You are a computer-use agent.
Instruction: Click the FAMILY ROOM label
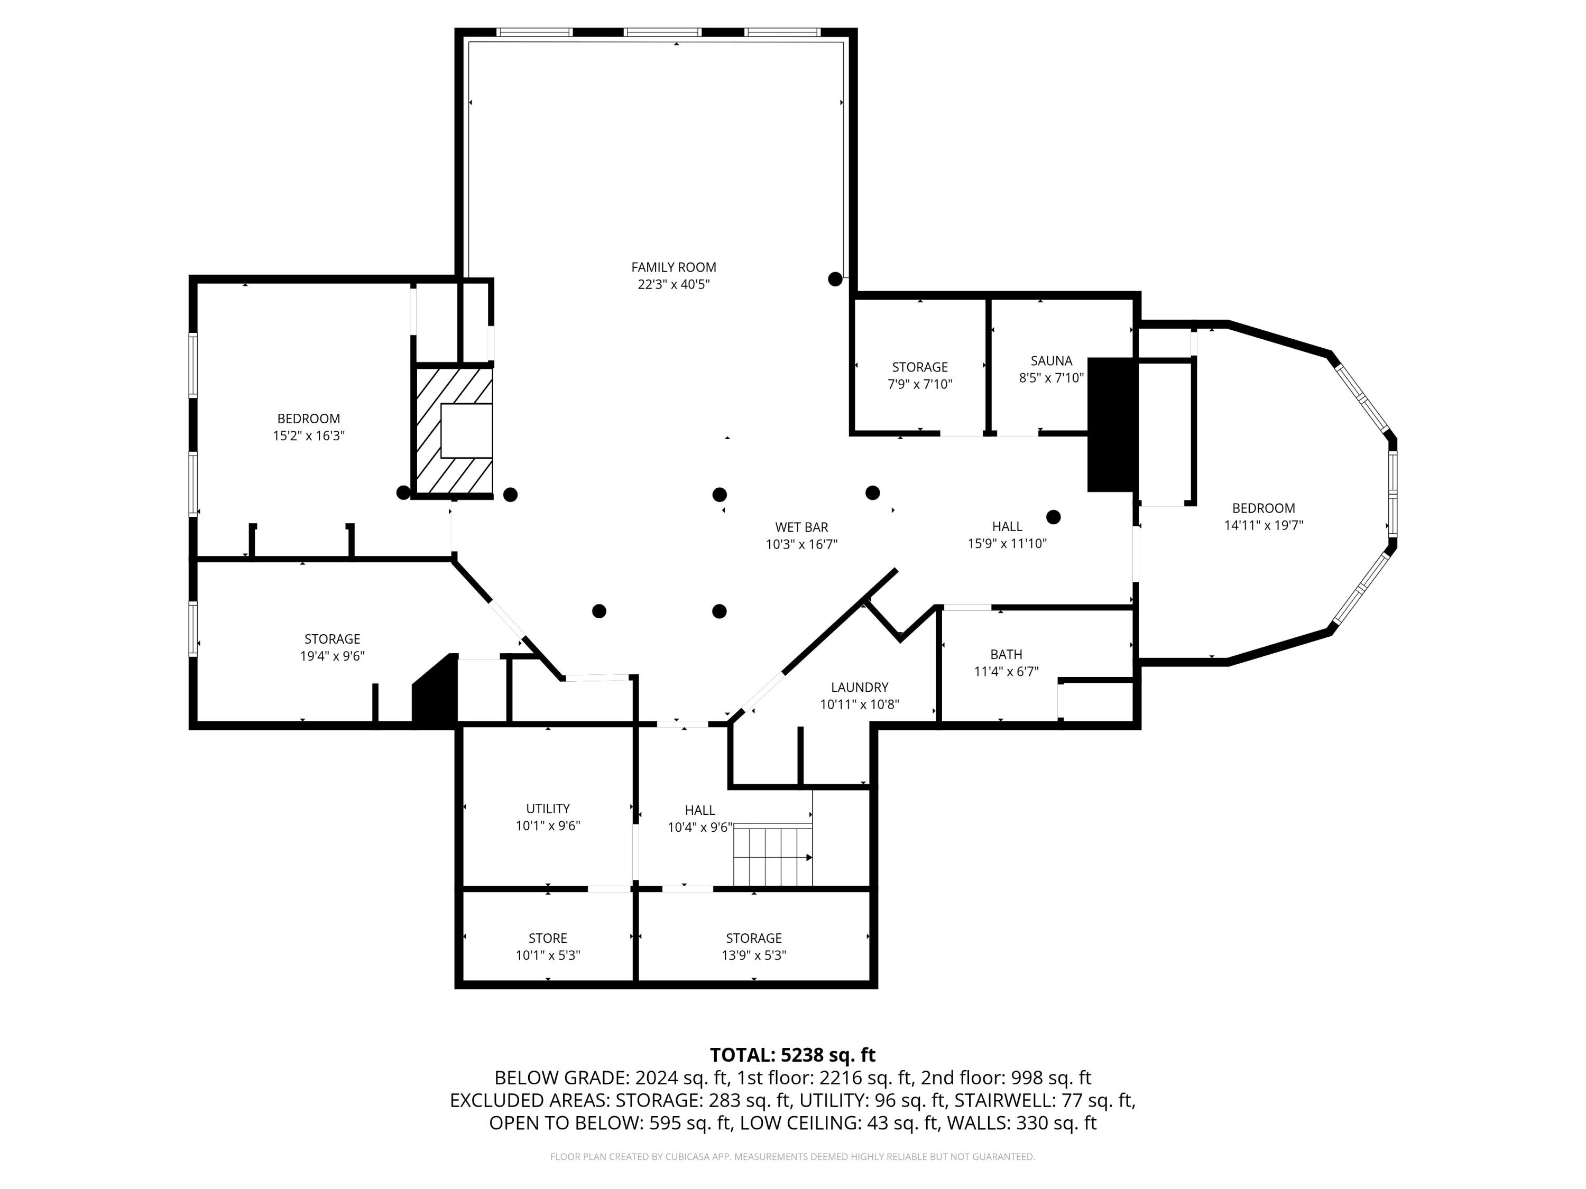[674, 267]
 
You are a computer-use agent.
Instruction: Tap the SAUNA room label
[1051, 361]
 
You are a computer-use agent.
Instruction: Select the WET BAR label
[801, 527]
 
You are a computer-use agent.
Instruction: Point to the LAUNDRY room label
[860, 688]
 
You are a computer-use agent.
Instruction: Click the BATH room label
[1006, 654]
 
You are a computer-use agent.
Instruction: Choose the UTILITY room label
[548, 809]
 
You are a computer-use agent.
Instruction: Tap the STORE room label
[548, 938]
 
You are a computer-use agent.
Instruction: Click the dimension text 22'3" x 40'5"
[674, 284]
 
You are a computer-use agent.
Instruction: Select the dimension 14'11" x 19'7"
[1264, 525]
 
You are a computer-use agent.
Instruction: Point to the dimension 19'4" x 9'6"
[332, 656]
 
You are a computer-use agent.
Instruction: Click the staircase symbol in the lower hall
[772, 855]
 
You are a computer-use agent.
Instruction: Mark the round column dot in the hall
[1053, 517]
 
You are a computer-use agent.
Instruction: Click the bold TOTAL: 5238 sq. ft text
[792, 1055]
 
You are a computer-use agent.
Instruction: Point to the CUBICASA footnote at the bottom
[792, 1157]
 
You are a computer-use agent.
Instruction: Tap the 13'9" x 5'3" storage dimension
[753, 955]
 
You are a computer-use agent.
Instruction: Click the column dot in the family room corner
[835, 280]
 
